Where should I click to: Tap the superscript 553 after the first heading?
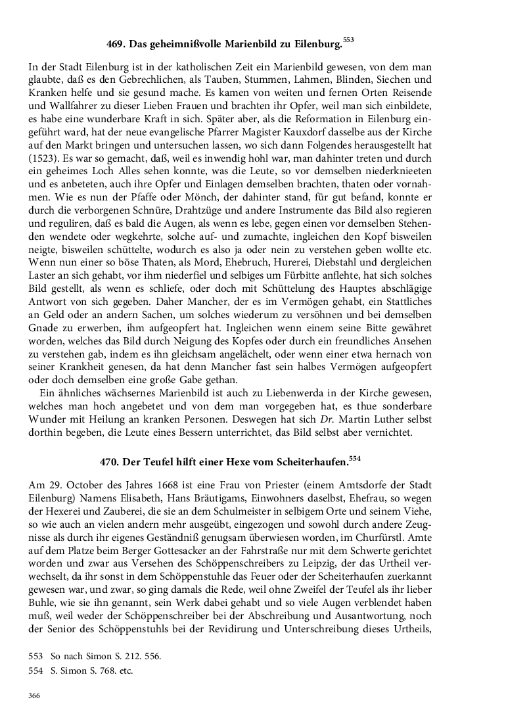(x=348, y=40)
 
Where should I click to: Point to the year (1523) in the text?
(x=43, y=158)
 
